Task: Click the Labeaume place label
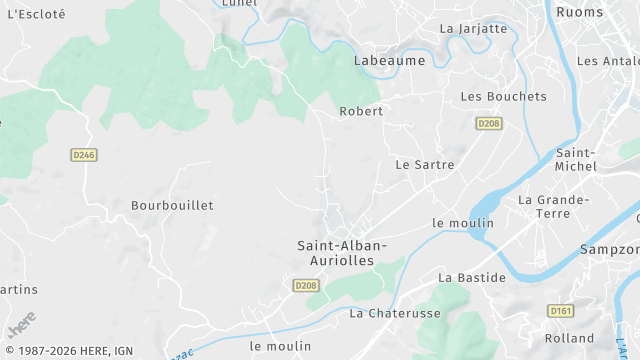pos(389,61)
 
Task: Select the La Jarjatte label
pos(474,29)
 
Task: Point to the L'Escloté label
pos(36,14)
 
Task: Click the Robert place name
pos(361,111)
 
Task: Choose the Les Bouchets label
pos(503,97)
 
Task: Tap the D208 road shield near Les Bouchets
pos(488,123)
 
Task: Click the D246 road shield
pos(84,155)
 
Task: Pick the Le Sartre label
pos(425,164)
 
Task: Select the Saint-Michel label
pos(576,159)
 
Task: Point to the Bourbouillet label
pos(172,205)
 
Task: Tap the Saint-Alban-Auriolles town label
pos(342,252)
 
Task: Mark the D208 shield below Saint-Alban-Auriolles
pos(306,286)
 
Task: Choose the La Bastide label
pos(472,277)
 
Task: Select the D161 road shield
pos(561,311)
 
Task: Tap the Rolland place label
pos(570,338)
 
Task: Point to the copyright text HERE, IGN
pos(69,351)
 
